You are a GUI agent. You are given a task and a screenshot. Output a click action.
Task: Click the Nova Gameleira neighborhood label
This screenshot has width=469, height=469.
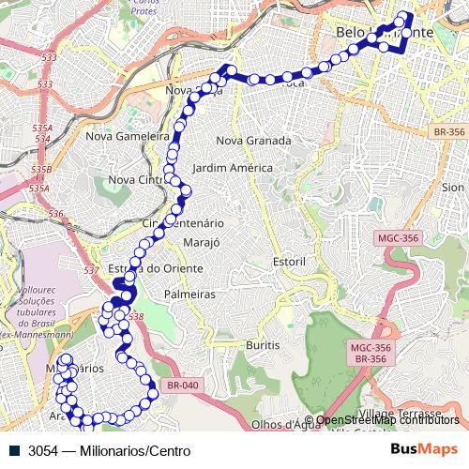[126, 135]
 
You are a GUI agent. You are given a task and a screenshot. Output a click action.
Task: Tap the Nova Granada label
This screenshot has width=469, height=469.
[253, 141]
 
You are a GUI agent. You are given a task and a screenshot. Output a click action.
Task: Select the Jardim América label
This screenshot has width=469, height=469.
[232, 168]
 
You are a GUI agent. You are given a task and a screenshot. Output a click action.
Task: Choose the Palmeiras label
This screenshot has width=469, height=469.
[189, 294]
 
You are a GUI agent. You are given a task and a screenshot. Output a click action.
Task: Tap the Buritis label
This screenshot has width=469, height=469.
[263, 345]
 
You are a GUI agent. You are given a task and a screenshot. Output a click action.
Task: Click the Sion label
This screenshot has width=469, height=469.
[453, 188]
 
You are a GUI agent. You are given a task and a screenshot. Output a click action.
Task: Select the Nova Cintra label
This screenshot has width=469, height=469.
[137, 179]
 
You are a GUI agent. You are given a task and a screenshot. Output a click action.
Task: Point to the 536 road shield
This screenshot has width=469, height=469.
[55, 214]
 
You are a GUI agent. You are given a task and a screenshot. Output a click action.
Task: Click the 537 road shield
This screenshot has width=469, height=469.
[90, 271]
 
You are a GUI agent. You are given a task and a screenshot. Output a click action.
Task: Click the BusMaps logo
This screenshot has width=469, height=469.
[424, 449]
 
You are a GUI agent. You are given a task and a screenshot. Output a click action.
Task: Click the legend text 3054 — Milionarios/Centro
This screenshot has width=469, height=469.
[109, 451]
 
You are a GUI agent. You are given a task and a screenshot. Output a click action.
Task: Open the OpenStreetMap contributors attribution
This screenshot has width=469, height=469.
[386, 420]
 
